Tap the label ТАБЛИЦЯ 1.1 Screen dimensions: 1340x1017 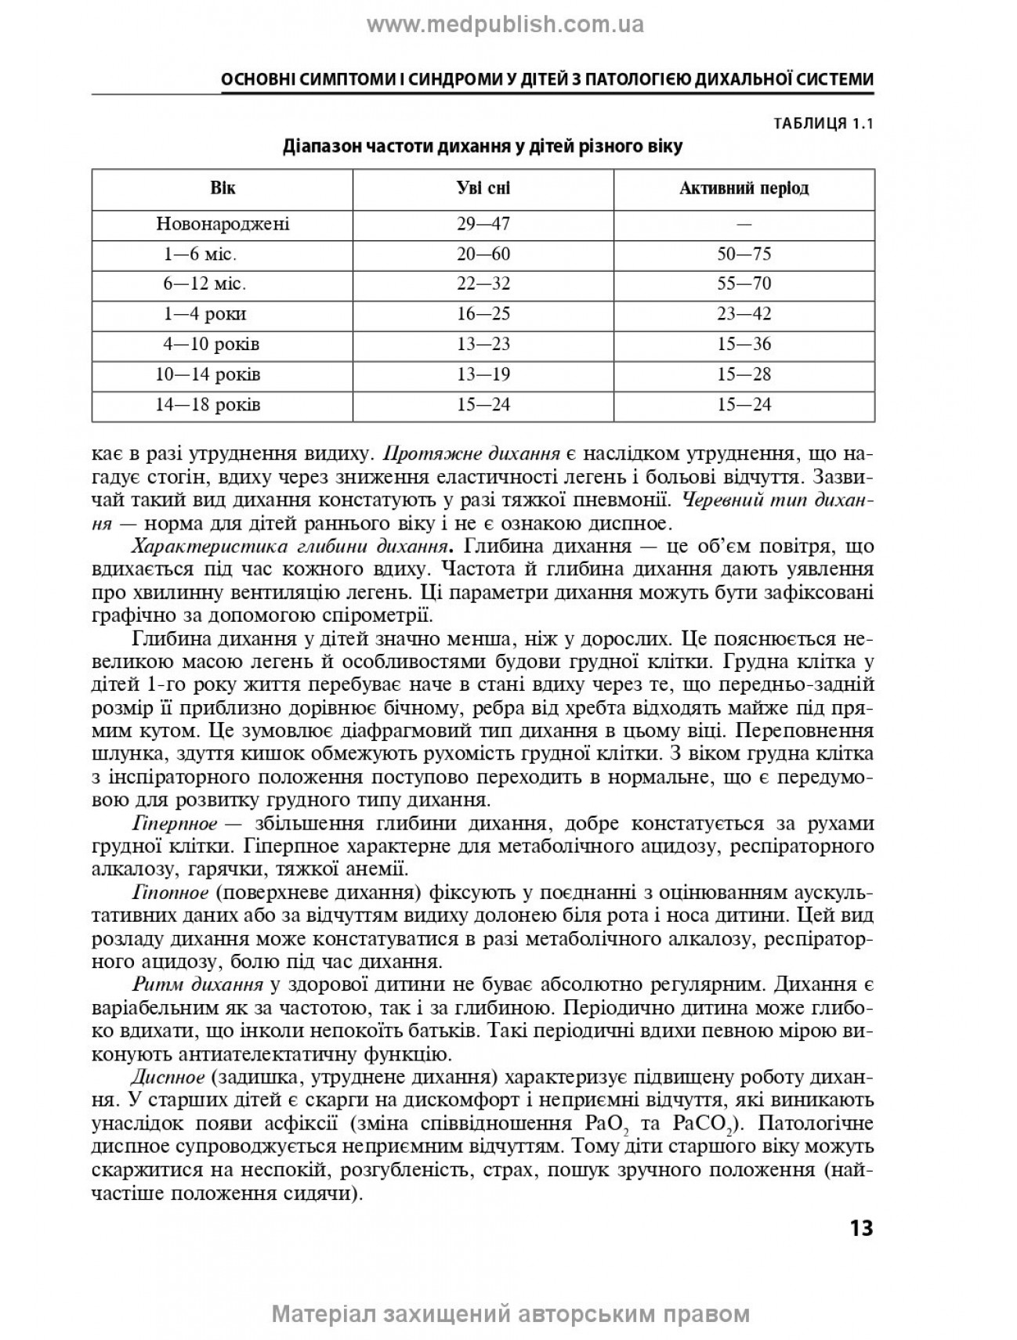(x=823, y=124)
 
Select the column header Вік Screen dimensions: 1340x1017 (x=223, y=189)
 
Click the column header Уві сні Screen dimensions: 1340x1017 (x=483, y=189)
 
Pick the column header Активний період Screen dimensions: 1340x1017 (x=744, y=189)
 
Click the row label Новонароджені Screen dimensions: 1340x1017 (x=223, y=224)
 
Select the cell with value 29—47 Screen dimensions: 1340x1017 (x=483, y=224)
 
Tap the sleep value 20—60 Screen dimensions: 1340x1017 (x=483, y=255)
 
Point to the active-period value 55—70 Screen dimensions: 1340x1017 (x=744, y=284)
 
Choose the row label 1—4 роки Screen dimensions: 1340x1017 (x=205, y=315)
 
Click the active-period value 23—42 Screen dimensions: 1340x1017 (x=744, y=315)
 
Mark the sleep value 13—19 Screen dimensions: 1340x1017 (x=483, y=375)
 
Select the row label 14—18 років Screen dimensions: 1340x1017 (x=208, y=405)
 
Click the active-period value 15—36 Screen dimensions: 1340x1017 (x=744, y=345)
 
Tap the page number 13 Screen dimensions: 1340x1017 (x=860, y=1227)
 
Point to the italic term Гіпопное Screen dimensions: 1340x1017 (x=171, y=892)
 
